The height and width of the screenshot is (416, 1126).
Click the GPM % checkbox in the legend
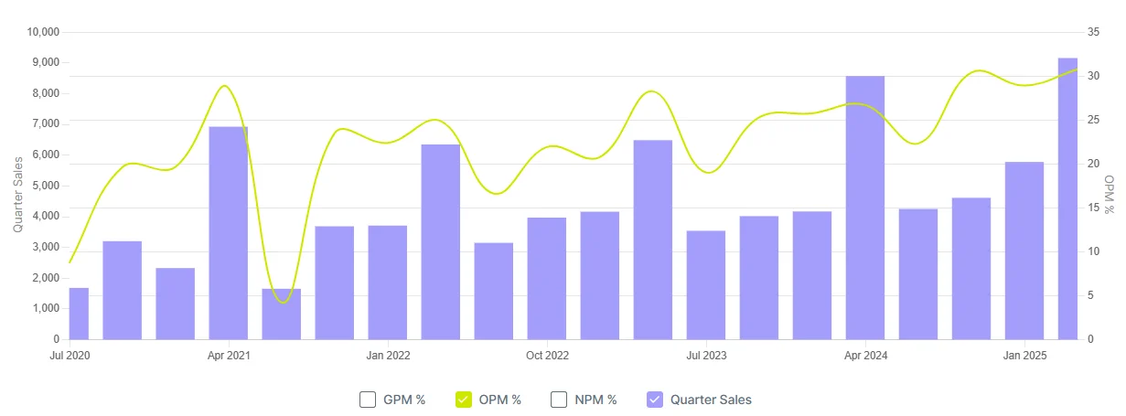click(368, 400)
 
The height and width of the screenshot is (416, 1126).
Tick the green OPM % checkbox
click(464, 400)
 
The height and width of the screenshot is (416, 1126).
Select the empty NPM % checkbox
click(559, 400)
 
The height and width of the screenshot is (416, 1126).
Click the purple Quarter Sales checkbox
click(654, 400)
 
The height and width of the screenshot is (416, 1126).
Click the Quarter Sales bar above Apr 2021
click(228, 232)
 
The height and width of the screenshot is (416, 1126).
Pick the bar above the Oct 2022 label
click(546, 278)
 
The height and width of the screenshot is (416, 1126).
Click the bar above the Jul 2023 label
click(705, 284)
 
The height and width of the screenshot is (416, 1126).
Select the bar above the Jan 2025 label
click(1024, 251)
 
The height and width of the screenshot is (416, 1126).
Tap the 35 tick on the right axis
click(1092, 32)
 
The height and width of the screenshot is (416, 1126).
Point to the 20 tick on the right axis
click(1092, 164)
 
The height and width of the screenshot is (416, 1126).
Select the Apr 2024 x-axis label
click(864, 355)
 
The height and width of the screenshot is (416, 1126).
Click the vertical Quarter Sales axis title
click(18, 194)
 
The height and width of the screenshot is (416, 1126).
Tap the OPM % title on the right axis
click(1110, 194)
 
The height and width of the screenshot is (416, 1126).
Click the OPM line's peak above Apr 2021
click(224, 86)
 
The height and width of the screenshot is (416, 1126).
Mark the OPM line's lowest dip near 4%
click(284, 302)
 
